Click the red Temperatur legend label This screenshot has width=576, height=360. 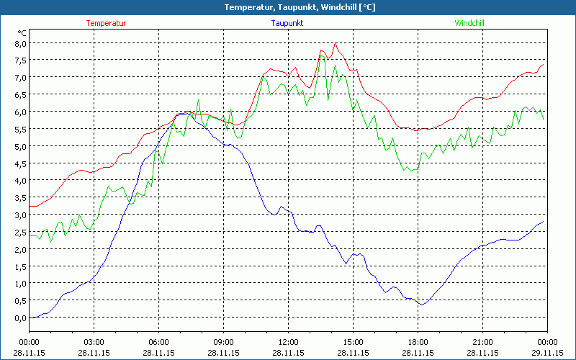(x=106, y=23)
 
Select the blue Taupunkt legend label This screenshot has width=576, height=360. (x=287, y=23)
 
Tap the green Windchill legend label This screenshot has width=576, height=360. (x=469, y=23)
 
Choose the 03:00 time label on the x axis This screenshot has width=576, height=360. (x=94, y=342)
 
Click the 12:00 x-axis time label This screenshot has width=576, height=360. (x=288, y=342)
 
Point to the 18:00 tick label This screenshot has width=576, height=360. (x=418, y=342)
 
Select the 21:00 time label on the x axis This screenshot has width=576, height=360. (x=482, y=342)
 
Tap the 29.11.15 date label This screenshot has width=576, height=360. (x=547, y=354)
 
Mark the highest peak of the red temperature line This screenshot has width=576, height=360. (x=335, y=43)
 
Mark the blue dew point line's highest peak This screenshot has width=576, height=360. (x=186, y=113)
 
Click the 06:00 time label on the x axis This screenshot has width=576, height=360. (x=158, y=342)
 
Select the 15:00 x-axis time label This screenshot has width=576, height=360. (x=353, y=342)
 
